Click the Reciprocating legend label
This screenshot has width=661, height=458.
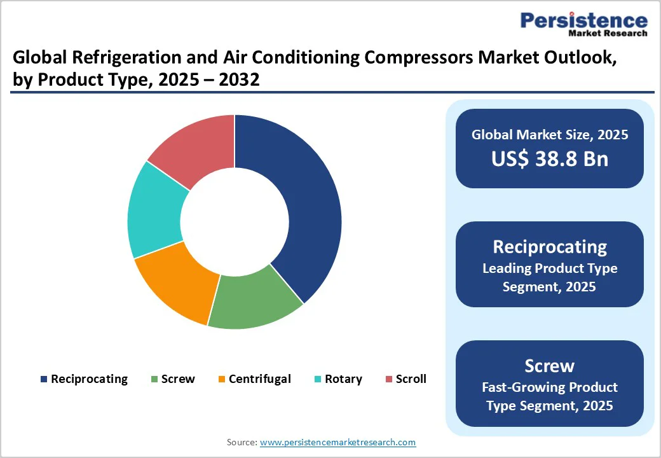coord(89,379)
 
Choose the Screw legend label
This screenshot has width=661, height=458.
coord(178,379)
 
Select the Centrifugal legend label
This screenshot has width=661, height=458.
coord(259,379)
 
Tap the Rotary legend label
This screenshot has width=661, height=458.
coord(343,379)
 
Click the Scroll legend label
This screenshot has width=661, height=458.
coord(411,379)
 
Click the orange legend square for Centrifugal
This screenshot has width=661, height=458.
coord(221,380)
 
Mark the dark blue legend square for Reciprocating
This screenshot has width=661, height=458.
coord(44,380)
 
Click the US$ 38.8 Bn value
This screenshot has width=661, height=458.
coord(549,159)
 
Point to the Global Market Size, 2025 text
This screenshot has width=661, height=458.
coord(549,134)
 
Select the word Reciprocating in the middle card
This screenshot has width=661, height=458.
coord(549,247)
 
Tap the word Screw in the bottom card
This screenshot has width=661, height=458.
coord(549,366)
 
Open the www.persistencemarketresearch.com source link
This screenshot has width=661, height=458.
coord(337,442)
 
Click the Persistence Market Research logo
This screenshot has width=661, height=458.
coord(583,24)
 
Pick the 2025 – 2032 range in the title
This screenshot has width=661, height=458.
coord(210,80)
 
